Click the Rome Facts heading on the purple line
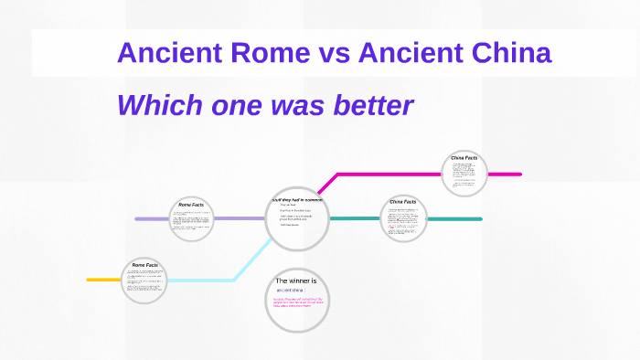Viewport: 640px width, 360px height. point(191,205)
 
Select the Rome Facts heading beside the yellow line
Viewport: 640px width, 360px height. point(144,265)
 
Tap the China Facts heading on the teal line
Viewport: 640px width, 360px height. point(403,201)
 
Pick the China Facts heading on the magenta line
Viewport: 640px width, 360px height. point(464,158)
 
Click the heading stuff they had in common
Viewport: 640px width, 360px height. point(297,198)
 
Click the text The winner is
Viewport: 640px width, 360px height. point(296,281)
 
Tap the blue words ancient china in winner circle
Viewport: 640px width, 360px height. point(292,290)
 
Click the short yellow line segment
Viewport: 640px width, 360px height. point(103,279)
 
